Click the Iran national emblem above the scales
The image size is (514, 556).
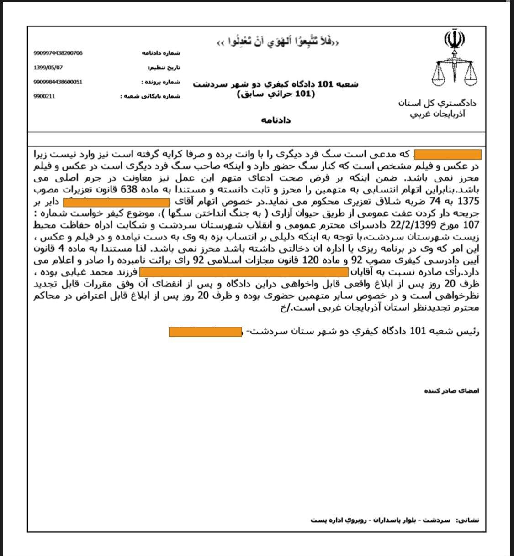click(454, 41)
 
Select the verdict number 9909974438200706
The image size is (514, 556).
click(58, 53)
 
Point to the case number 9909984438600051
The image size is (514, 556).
click(58, 82)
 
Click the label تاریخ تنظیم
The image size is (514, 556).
click(164, 68)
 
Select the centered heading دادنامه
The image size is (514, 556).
click(276, 120)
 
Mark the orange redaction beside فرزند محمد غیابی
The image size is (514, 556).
click(244, 273)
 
